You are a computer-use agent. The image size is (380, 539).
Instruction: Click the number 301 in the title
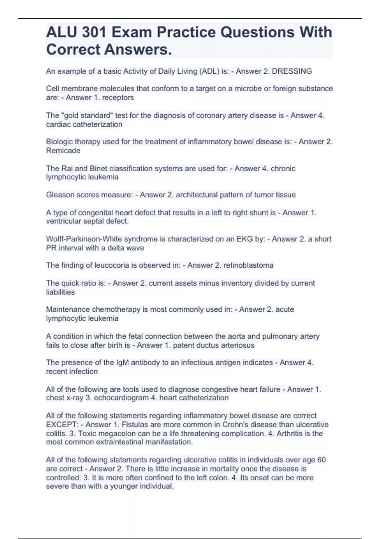[x=92, y=32]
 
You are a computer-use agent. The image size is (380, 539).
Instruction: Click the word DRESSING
[x=292, y=71]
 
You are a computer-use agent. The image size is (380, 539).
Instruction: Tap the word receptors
[x=118, y=98]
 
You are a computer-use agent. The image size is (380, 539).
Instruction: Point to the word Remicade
[x=63, y=151]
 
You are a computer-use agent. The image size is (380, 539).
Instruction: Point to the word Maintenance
[x=66, y=309]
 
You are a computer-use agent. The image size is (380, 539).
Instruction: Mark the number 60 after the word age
[x=321, y=460]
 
